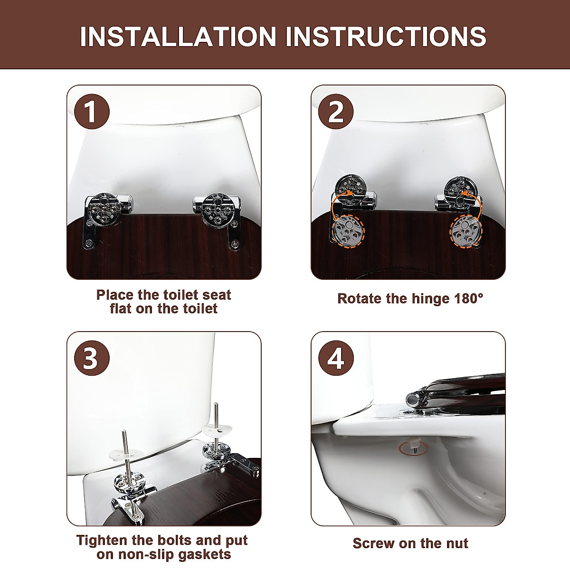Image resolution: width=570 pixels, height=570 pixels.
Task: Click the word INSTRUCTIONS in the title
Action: point(386,37)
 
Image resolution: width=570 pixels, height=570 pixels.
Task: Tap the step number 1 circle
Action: point(92,112)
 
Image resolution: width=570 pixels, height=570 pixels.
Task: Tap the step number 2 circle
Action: point(336,112)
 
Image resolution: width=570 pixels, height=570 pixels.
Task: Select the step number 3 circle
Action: point(92,358)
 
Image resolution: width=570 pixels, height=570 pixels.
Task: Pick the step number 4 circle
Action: point(336,358)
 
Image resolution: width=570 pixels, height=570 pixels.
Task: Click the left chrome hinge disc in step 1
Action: point(104,210)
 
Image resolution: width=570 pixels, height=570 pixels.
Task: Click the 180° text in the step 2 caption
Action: point(468,298)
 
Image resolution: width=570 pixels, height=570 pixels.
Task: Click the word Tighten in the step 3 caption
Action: point(102,541)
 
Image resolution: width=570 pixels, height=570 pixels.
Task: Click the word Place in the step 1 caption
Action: point(115,295)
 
